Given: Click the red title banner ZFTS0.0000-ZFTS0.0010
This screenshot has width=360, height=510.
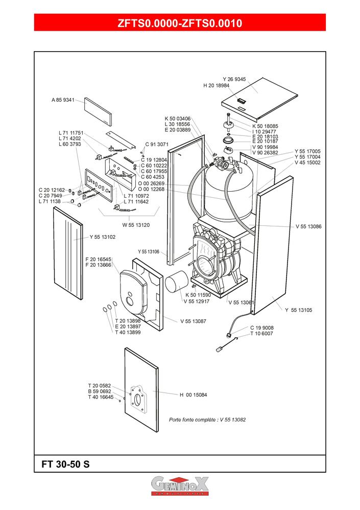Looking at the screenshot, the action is pos(180,22).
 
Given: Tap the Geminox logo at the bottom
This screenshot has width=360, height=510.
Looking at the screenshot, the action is pos(180,486).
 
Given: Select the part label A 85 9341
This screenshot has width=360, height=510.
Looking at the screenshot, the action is pos(63,100).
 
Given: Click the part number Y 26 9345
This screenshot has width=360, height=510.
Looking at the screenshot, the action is pos(234,79).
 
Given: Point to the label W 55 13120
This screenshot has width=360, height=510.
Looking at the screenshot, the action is pos(136,225).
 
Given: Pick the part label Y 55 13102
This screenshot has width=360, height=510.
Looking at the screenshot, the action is pos(102,237).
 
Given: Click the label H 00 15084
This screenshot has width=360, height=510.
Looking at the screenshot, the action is pos(194,395).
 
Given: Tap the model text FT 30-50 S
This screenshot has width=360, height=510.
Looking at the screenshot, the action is pos(65,464).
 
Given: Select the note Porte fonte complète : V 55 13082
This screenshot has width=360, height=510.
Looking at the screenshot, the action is pos(207,420).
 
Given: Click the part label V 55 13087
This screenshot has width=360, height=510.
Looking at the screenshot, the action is pos(194,321).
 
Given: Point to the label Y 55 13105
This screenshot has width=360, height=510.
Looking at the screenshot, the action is pos(299,310).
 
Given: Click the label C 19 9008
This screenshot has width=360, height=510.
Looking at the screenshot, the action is pos(262,328).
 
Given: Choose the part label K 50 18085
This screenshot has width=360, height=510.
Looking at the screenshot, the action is pos(265,126).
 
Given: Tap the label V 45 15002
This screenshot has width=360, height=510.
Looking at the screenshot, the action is pos(308,163).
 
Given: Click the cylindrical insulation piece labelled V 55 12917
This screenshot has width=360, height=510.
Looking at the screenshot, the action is pos(177,282).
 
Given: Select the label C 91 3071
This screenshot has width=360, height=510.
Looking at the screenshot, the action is pos(157,144).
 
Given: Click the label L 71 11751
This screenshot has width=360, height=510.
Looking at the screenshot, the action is pos(71,133).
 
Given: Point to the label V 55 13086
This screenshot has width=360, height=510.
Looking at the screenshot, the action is pos(308,226).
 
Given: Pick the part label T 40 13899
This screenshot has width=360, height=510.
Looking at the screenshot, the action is pos(128,332).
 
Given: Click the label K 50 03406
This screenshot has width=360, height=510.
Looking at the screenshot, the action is pos(178,119).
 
